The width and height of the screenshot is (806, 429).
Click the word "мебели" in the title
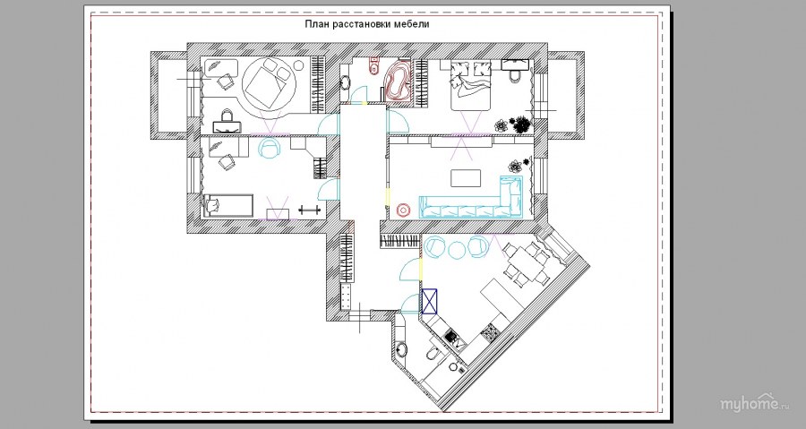(x=412, y=23)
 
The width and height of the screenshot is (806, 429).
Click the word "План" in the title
(x=315, y=23)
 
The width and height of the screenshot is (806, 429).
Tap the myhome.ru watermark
(x=755, y=403)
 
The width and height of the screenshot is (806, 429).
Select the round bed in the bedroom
(x=270, y=83)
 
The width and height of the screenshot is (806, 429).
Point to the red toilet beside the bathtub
(x=373, y=65)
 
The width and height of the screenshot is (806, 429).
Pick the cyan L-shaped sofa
(x=477, y=202)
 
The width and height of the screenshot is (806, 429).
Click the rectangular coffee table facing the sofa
(x=466, y=178)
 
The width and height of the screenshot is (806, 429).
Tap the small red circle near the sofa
(x=404, y=210)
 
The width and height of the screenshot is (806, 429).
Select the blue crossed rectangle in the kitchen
(x=429, y=301)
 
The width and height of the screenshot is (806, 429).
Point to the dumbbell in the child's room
(x=310, y=209)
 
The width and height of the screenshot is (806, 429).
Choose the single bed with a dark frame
(x=228, y=205)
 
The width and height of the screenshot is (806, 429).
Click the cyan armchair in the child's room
(x=270, y=148)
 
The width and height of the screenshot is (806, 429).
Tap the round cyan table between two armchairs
(x=457, y=250)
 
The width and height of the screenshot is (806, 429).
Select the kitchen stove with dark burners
(x=450, y=337)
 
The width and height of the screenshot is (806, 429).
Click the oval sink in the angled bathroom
(x=401, y=349)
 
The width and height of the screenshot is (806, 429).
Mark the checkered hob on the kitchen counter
(x=490, y=333)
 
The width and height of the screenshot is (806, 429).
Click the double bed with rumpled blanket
(x=471, y=85)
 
